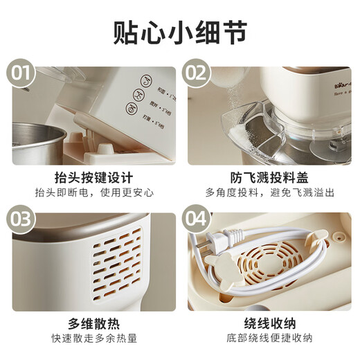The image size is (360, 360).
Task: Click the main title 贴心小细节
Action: coord(180,31)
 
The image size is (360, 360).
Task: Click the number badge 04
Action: coord(197,219)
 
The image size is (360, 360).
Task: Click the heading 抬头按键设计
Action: coord(93,177)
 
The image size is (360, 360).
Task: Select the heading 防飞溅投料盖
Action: coord(269,177)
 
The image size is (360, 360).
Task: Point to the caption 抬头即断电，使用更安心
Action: coord(93,192)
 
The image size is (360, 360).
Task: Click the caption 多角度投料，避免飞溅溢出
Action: coord(269,192)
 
